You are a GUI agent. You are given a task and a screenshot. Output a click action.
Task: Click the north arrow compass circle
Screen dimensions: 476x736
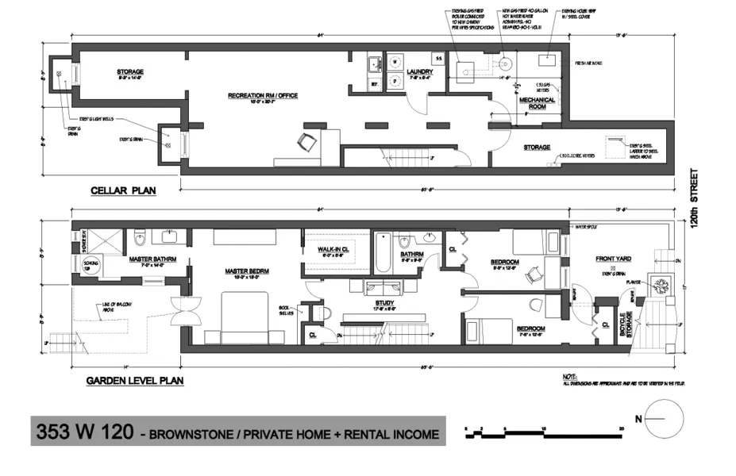[665, 417]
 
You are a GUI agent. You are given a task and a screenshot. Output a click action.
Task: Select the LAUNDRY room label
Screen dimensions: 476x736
[418, 72]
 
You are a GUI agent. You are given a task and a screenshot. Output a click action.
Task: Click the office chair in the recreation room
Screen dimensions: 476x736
[305, 142]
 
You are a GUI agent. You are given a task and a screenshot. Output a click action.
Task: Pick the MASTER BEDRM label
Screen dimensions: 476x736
[248, 271]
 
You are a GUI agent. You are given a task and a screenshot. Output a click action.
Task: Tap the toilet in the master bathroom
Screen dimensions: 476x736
[141, 235]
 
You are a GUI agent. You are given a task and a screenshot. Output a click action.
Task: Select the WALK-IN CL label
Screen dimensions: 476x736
[334, 249]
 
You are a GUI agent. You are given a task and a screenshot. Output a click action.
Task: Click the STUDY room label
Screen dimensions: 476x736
[385, 302]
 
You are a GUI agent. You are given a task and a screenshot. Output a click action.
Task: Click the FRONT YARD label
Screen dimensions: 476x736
[613, 259]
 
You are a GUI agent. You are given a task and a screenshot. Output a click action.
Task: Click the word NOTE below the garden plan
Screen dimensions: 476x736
[568, 377]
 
